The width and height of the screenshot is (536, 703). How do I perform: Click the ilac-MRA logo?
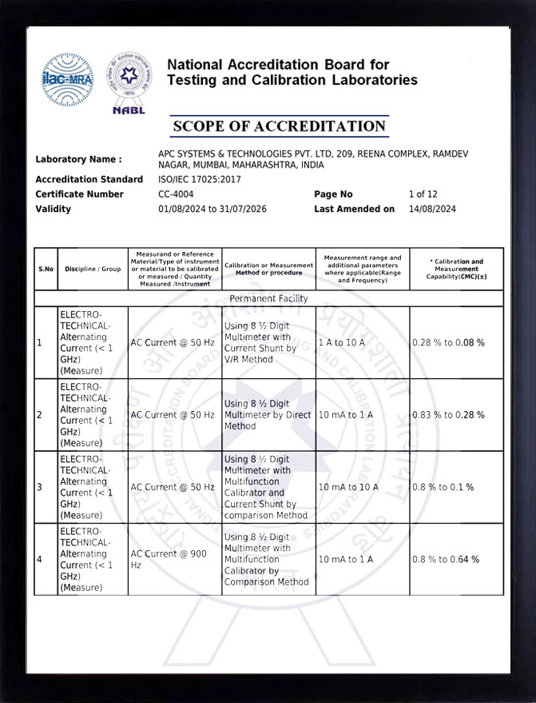(x=67, y=79)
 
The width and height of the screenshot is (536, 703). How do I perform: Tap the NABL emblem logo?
(x=129, y=83)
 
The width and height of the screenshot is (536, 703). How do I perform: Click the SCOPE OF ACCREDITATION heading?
(x=279, y=126)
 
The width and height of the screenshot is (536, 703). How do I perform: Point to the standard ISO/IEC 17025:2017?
(x=199, y=180)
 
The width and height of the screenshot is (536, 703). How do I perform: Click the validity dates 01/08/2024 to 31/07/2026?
(x=212, y=210)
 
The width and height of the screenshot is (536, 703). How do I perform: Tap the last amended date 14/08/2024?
(x=431, y=210)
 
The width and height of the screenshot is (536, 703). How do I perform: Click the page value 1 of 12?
(x=423, y=194)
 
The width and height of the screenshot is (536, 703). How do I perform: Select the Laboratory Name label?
(x=78, y=159)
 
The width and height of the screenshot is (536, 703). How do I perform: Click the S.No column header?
(x=46, y=269)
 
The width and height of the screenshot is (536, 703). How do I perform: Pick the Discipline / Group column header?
(x=93, y=269)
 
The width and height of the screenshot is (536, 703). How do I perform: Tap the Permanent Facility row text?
(x=268, y=298)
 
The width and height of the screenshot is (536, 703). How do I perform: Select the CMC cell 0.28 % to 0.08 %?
(x=448, y=342)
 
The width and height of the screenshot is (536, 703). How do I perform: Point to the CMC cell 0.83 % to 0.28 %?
(x=448, y=415)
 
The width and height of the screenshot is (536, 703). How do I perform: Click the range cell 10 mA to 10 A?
(x=348, y=487)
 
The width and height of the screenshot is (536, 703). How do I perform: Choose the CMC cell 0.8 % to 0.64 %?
(x=446, y=559)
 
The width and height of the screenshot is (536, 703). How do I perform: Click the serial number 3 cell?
(x=40, y=487)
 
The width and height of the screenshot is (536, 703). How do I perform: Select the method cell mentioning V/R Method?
(x=268, y=342)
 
